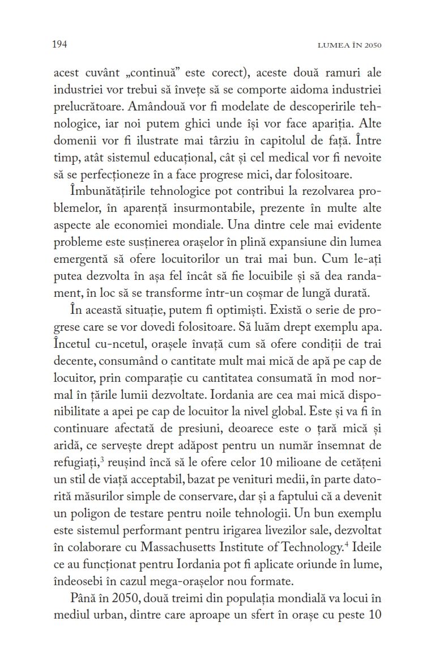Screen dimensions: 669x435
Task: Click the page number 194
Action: pos(60,44)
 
